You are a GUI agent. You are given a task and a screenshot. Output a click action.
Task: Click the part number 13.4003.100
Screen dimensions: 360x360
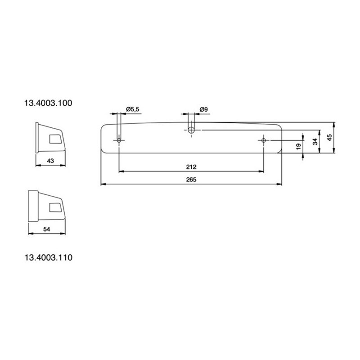(49, 103)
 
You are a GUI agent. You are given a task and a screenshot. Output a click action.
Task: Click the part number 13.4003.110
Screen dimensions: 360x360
(49, 258)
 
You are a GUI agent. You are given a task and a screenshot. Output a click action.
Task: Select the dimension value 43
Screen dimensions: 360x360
(50, 160)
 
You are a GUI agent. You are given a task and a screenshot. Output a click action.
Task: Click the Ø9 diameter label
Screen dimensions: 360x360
(203, 109)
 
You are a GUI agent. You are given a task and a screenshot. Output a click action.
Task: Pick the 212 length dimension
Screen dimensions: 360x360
(191, 167)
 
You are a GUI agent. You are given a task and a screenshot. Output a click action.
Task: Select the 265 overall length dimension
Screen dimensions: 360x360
(191, 180)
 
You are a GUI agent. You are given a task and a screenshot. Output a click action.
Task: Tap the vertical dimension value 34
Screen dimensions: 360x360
(315, 141)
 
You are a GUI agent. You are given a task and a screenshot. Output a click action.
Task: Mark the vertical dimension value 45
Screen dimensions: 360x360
(329, 137)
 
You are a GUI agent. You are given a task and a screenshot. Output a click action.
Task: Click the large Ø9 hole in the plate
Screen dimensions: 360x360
(191, 130)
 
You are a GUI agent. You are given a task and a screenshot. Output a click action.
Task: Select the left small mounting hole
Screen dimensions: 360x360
(119, 140)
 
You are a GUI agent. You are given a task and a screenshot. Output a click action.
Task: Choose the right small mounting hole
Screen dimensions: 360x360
(263, 140)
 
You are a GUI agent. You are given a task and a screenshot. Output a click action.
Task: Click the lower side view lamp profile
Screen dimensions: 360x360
(47, 206)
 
